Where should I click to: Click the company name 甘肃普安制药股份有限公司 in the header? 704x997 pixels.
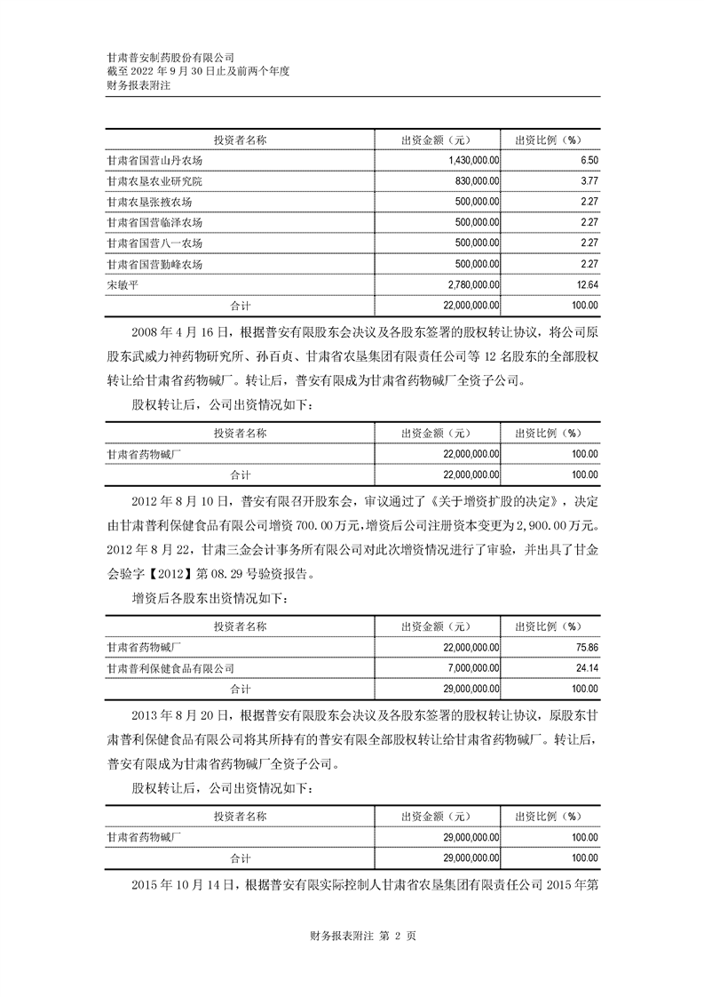click(170, 56)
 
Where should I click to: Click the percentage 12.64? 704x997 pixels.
click(586, 285)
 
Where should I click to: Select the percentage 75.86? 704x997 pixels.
click(586, 647)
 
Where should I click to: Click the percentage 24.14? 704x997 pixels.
click(586, 667)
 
